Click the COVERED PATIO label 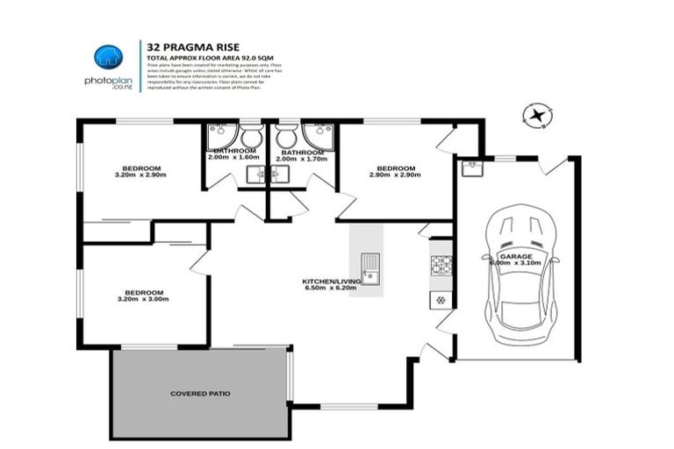(200, 394)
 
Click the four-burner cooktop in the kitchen (441, 264)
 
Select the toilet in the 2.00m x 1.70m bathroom (285, 138)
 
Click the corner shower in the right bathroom (316, 136)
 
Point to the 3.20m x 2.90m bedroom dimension (140, 175)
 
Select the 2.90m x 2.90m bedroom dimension (395, 175)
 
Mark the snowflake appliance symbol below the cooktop (441, 299)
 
